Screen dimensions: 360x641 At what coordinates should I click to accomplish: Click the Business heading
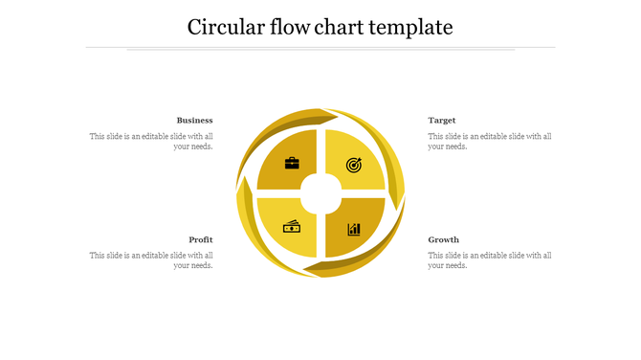194,121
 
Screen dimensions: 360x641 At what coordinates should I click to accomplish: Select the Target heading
442,121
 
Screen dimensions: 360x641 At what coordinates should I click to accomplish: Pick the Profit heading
201,239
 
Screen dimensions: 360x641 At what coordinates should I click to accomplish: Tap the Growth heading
444,239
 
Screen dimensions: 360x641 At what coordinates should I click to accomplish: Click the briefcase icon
292,164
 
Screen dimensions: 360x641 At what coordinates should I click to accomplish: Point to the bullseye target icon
354,165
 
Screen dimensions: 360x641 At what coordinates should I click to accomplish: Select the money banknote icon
292,227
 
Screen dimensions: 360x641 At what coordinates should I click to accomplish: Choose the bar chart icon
354,229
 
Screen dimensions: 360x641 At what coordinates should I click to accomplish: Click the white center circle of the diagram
321,194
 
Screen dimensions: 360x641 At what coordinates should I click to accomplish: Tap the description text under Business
151,142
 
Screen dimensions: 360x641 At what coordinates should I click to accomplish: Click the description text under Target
490,142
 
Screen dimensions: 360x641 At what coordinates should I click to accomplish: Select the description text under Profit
151,260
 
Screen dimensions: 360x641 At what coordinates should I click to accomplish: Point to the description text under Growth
490,260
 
